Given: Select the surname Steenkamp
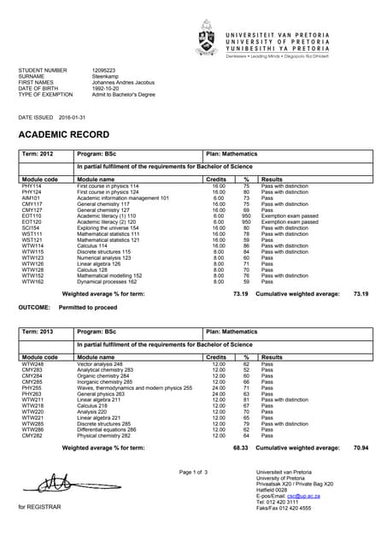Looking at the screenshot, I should [x=107, y=75].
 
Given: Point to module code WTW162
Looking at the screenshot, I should [x=32, y=282].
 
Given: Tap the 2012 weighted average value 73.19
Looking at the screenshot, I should [x=240, y=294].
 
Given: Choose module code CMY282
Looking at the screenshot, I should [x=32, y=436].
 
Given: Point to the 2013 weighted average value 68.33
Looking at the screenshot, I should [x=240, y=447].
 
